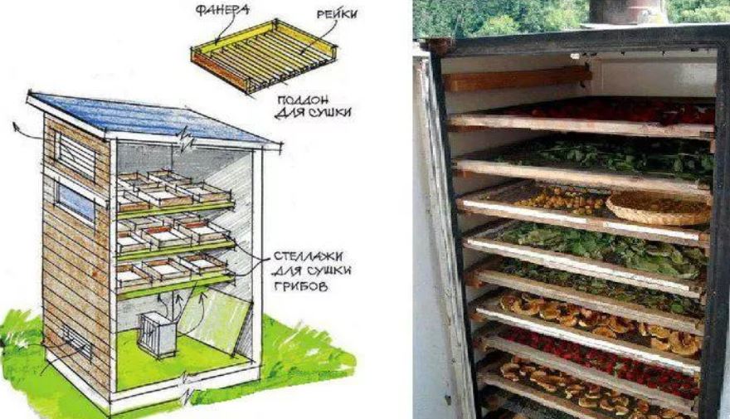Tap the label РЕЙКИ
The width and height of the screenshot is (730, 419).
337,14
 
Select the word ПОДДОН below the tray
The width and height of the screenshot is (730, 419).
303,100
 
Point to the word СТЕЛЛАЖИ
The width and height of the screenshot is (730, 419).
308,256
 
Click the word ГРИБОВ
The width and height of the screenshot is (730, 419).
301,286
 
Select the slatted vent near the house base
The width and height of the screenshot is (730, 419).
77,342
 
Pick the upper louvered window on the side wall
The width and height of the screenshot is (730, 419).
75,155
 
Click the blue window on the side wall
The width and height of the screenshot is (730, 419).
75,202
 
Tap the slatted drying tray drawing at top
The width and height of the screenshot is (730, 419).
264,55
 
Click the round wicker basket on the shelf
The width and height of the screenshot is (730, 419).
659,207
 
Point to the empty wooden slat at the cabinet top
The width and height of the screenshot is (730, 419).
517,79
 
